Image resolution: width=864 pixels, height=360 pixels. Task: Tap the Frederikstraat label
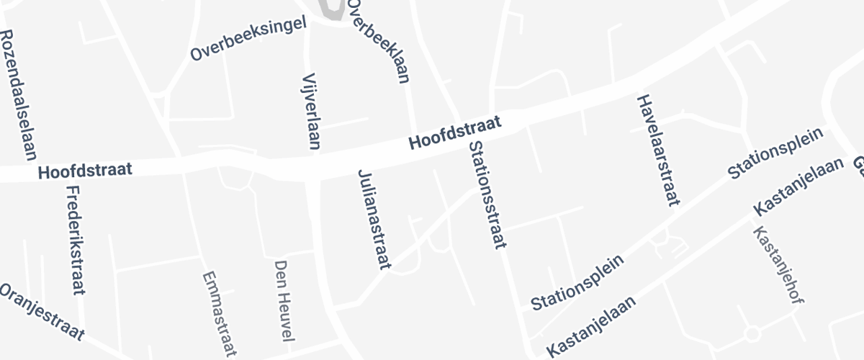click(x=76, y=240)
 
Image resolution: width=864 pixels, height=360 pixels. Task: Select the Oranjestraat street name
click(x=41, y=312)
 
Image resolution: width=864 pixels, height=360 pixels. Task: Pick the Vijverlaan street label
click(x=312, y=111)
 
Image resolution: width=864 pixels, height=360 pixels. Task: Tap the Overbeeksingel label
click(x=248, y=38)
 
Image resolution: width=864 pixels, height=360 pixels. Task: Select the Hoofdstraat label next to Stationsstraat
click(x=454, y=133)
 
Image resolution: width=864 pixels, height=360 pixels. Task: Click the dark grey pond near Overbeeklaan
click(x=330, y=9)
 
